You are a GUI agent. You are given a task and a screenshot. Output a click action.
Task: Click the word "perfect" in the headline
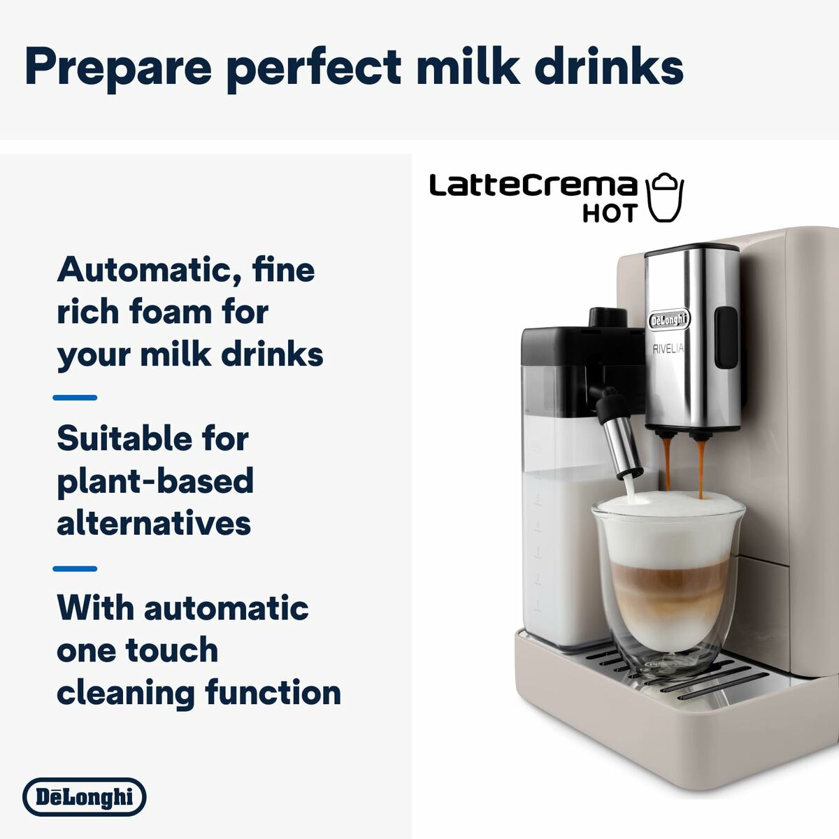315,68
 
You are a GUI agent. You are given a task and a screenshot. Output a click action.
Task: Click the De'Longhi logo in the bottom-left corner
84,797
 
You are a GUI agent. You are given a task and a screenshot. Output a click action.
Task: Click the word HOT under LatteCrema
610,213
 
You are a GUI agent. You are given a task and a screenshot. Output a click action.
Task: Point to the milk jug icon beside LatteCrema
664,198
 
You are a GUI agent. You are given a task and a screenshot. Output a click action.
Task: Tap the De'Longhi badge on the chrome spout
668,320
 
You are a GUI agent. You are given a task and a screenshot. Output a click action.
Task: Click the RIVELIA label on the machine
668,349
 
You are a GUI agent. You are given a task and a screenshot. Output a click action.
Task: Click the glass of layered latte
668,580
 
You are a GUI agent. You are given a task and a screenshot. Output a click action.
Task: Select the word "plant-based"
155,482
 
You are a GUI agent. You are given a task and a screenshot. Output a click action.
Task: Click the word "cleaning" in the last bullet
126,693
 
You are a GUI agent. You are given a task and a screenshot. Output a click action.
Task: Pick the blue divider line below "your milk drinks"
75,397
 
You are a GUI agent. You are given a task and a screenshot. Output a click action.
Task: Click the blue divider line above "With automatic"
75,568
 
